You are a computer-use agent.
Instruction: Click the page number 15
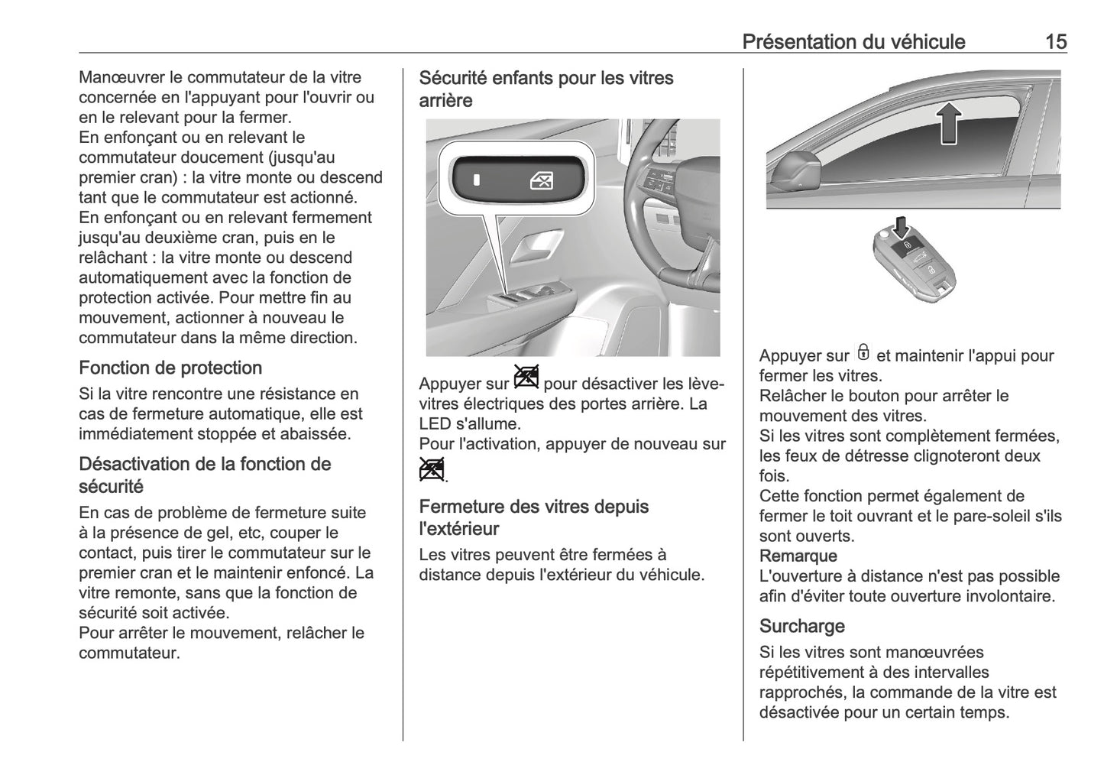point(1055,41)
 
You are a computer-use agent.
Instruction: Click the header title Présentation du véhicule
point(853,41)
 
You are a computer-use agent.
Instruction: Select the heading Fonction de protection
point(170,368)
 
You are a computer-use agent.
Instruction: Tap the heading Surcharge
point(801,626)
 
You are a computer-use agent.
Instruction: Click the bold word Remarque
point(798,556)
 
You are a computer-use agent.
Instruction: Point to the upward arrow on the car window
point(947,124)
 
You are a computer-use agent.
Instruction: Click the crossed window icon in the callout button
point(542,181)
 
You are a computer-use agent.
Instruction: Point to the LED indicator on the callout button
point(476,181)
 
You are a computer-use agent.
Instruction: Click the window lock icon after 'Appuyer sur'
point(526,378)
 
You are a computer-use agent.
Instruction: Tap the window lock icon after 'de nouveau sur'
point(431,469)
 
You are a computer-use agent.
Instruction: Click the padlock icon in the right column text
point(863,352)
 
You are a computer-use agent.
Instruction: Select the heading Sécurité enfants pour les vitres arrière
point(546,89)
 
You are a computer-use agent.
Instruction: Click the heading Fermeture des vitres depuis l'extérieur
point(533,517)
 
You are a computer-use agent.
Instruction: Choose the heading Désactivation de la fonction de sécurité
point(205,475)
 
